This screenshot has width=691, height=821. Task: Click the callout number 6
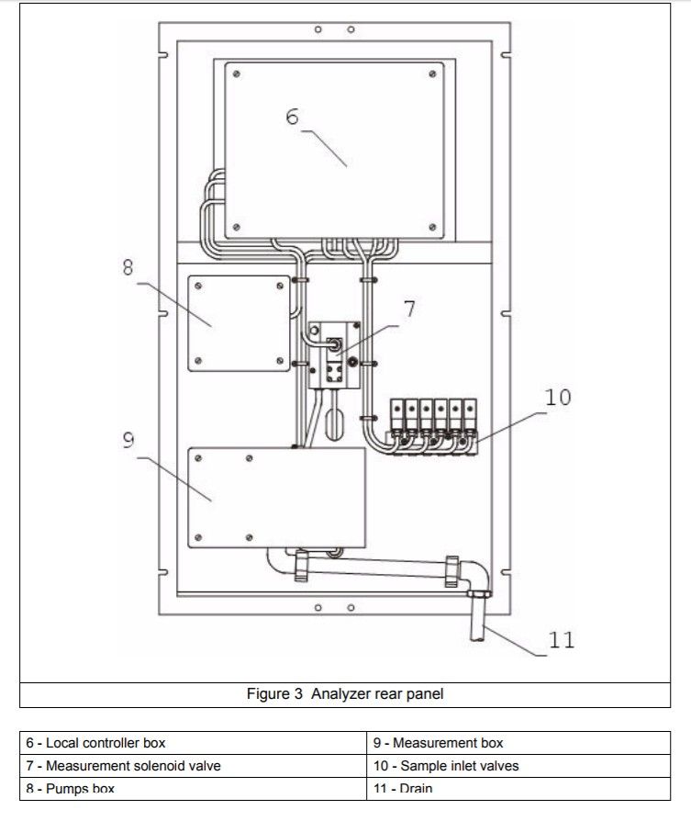(x=292, y=118)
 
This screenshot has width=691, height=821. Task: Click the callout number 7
(x=409, y=309)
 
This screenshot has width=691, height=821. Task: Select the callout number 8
(x=127, y=267)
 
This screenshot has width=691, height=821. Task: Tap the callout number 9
(x=128, y=441)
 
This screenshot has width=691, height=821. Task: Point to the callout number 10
(x=558, y=397)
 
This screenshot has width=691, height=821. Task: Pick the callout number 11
(x=561, y=639)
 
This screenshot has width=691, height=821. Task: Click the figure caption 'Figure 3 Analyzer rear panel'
(x=345, y=694)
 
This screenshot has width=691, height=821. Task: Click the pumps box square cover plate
(x=237, y=323)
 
